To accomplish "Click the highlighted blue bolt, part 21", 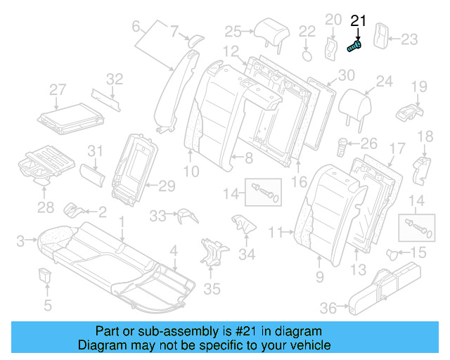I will (x=355, y=46).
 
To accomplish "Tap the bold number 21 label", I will (x=359, y=21).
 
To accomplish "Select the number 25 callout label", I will (x=233, y=30).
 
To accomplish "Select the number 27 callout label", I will (x=58, y=89).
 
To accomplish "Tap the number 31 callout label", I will (x=95, y=150).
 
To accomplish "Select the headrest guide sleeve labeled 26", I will (x=344, y=148).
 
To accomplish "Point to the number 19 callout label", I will (x=419, y=87).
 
